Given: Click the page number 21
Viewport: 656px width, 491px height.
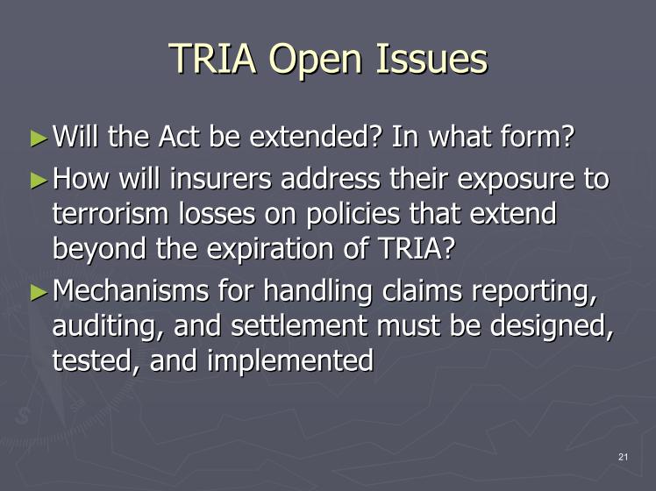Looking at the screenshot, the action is point(623,457).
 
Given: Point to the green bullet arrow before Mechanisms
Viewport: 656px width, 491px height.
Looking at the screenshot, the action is point(39,292).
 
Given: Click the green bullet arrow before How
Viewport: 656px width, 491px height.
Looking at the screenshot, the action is point(39,181).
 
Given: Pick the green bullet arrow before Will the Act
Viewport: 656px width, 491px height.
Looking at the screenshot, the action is point(39,139).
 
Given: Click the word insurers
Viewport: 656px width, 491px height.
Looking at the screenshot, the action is point(220,179).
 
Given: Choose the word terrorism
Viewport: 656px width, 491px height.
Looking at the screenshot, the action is point(111,213).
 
